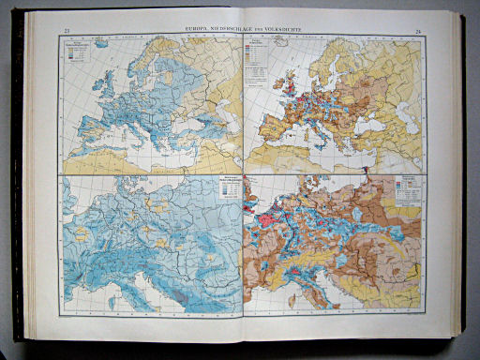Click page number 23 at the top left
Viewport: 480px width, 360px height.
[66, 31]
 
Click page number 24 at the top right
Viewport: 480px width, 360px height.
[414, 31]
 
